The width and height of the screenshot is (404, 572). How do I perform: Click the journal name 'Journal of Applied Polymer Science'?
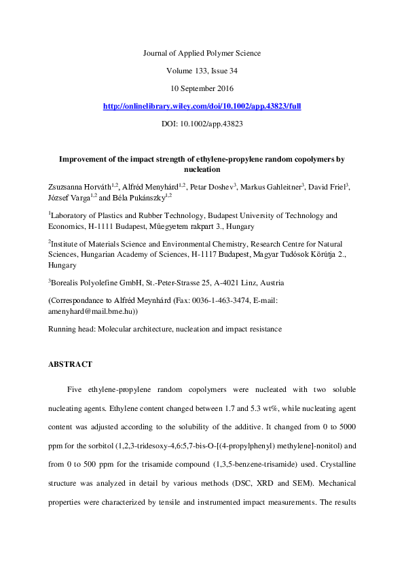[202, 53]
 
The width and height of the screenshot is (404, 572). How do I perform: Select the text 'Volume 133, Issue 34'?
[202, 71]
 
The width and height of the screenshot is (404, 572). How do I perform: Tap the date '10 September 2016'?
[202, 88]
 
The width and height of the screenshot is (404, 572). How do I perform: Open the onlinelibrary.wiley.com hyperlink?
[202, 107]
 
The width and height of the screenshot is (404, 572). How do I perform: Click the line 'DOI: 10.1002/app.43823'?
[202, 124]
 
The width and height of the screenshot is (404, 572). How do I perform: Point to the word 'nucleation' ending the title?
[202, 169]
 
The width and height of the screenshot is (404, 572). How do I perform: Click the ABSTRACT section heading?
[70, 365]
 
